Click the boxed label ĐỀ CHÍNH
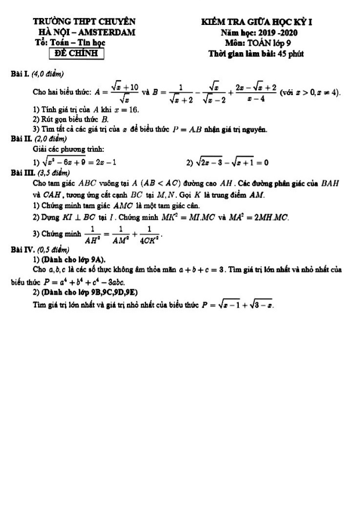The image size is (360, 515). pos(76,54)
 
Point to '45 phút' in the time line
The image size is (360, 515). pos(288,54)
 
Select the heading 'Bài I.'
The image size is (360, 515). pos(21,73)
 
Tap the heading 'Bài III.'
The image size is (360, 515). pos(23,172)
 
